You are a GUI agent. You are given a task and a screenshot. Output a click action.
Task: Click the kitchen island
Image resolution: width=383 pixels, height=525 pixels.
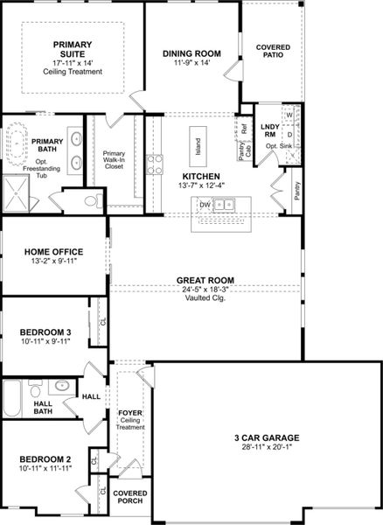coord(199,150)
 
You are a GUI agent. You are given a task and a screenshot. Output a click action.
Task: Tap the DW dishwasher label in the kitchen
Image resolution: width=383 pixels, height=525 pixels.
coord(204,205)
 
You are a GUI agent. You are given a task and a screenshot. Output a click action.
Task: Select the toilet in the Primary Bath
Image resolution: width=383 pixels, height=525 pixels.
coord(91,201)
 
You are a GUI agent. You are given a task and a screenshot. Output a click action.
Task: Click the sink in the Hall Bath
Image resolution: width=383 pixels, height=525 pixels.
coord(61,385)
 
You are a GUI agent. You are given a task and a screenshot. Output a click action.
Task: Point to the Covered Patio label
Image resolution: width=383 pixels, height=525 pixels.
coord(273,50)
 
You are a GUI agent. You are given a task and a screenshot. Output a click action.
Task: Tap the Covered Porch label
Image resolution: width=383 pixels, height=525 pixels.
coord(129,498)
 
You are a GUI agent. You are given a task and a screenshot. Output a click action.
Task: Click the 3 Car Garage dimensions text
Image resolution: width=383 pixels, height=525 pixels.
coord(268,447)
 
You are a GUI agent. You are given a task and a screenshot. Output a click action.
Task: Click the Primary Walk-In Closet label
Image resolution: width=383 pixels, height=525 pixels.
coord(115,161)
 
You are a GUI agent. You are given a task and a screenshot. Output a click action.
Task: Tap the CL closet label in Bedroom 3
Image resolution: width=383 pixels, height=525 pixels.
coord(102,319)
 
